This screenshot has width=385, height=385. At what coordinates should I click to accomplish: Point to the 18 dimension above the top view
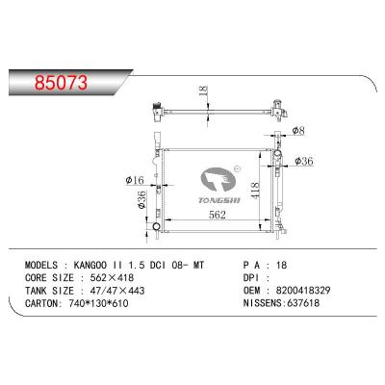coord(201,91)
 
